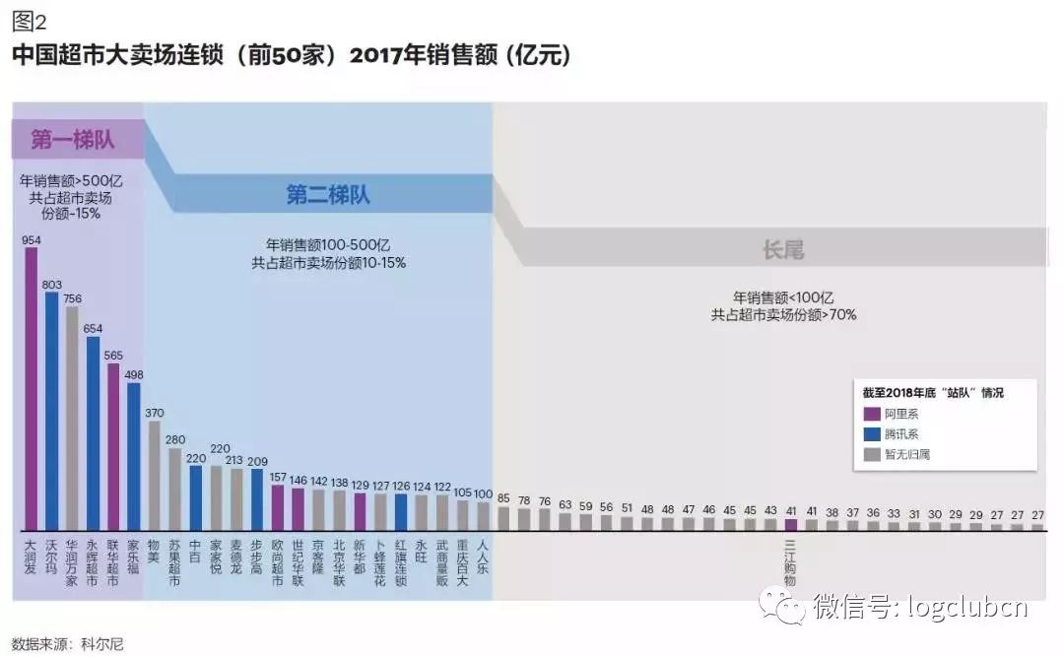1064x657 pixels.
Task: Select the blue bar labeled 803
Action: coord(51,410)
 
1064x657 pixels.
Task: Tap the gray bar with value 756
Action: coord(72,418)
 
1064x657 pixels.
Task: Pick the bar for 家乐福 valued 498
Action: coord(134,456)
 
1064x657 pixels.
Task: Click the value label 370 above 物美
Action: coord(154,413)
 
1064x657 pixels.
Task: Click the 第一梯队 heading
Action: coord(73,140)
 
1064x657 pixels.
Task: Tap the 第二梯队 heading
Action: coord(328,194)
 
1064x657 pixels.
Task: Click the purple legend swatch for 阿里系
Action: coord(871,414)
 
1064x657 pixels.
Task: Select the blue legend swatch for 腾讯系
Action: coord(871,434)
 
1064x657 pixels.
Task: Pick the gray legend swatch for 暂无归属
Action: coord(871,454)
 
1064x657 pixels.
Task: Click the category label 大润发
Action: coord(31,557)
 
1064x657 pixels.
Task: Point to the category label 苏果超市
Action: coord(174,561)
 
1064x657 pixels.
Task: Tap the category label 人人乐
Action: coord(483,557)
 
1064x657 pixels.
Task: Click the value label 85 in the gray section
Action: coord(503,497)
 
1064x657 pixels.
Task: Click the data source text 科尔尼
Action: coord(103,645)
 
